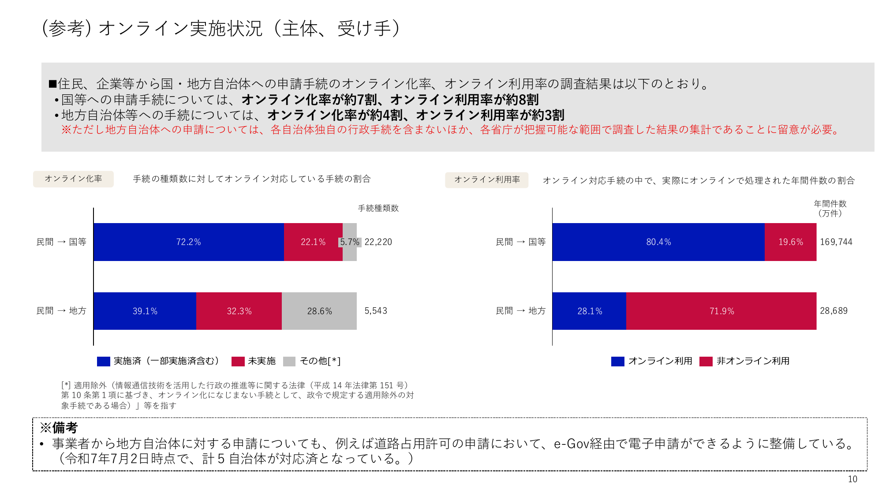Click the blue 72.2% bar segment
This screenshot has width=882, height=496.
pyautogui.click(x=188, y=242)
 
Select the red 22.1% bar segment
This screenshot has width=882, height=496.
pyautogui.click(x=313, y=242)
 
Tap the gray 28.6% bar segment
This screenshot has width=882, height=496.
pyautogui.click(x=319, y=311)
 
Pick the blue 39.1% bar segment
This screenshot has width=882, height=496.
pyautogui.click(x=145, y=311)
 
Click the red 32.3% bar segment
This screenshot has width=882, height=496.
pyautogui.click(x=239, y=311)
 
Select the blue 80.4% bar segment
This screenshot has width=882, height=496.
pyautogui.click(x=658, y=242)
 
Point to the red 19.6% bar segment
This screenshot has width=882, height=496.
pyautogui.click(x=790, y=242)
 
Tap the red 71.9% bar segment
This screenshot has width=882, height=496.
pyautogui.click(x=721, y=311)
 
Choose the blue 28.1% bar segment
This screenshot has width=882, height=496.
pyautogui.click(x=589, y=311)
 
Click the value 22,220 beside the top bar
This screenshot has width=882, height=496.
pyautogui.click(x=378, y=242)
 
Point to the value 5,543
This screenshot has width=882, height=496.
pyautogui.click(x=376, y=311)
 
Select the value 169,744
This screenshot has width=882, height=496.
pyautogui.click(x=836, y=242)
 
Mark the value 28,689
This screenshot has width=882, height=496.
pyautogui.click(x=833, y=311)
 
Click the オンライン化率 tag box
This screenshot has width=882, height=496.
pyautogui.click(x=73, y=179)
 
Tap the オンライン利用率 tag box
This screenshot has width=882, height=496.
pyautogui.click(x=486, y=180)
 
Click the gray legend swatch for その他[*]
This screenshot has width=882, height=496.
pyautogui.click(x=289, y=362)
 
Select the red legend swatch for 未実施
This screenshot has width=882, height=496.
pyautogui.click(x=238, y=362)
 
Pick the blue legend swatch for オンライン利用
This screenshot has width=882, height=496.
pyautogui.click(x=617, y=362)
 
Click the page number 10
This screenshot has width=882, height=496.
pyautogui.click(x=852, y=479)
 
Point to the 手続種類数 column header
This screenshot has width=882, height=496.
pyautogui.click(x=378, y=208)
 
